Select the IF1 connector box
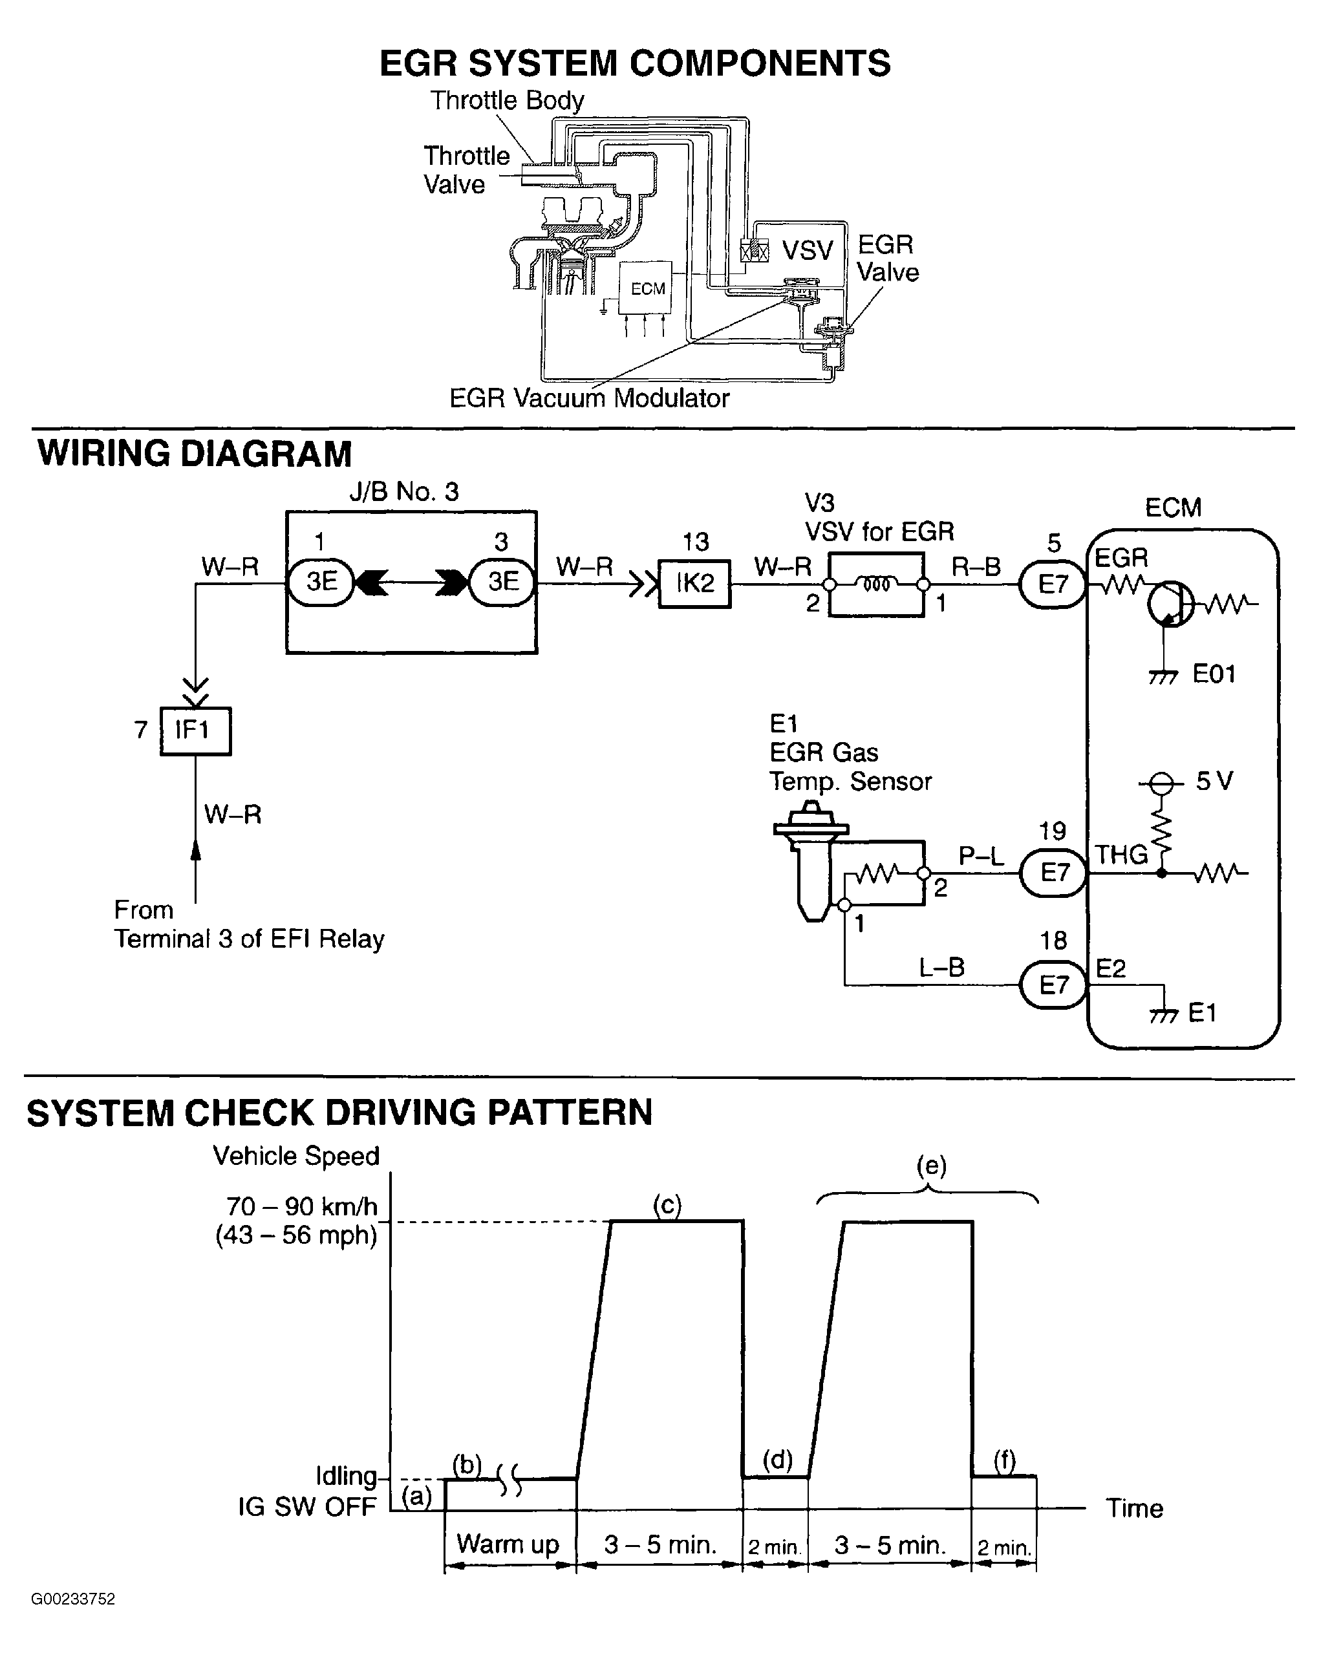pos(195,730)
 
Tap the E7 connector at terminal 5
pos(1053,584)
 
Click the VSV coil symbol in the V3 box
pos(877,584)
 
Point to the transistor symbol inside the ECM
pos(1170,603)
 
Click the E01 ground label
pos(1214,674)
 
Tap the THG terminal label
pos(1121,854)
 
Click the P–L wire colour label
pos(981,856)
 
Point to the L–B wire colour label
pos(941,968)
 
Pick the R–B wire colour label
pos(976,566)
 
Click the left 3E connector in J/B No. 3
pos(321,582)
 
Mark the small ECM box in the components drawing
pos(647,288)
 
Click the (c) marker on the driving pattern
pos(667,1205)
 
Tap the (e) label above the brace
pos(931,1166)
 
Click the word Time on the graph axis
pos(1134,1508)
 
